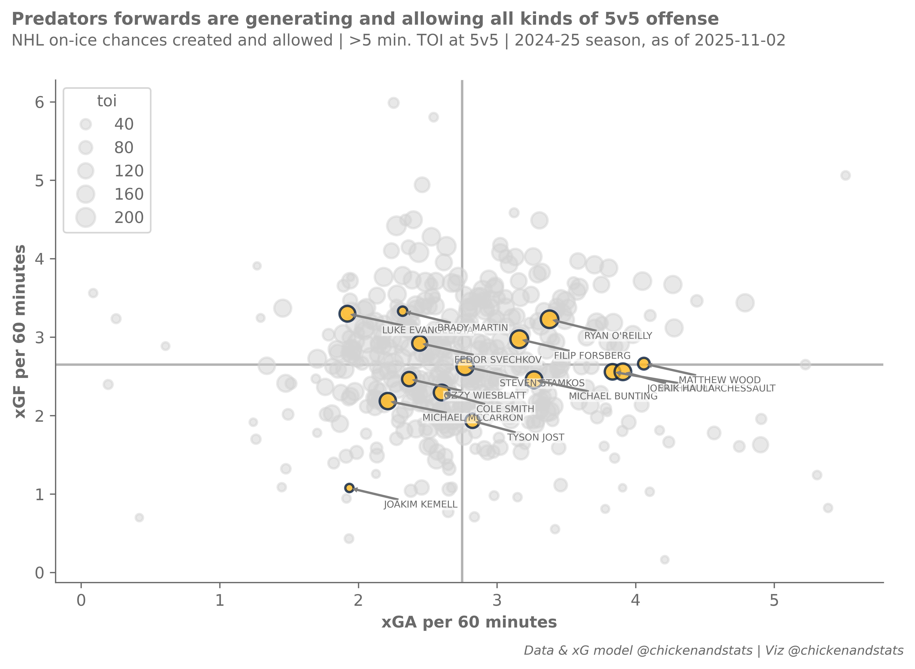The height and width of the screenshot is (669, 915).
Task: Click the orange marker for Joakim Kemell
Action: point(349,488)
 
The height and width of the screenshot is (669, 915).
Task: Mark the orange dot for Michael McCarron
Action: point(388,401)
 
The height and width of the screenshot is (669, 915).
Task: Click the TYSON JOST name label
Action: point(536,437)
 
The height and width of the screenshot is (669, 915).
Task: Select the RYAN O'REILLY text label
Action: point(618,336)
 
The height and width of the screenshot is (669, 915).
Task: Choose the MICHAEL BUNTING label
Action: point(613,396)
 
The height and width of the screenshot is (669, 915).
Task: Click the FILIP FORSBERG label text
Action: point(592,356)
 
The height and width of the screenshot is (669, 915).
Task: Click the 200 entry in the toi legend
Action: point(129,218)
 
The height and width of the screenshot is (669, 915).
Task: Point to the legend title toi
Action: point(107,101)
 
